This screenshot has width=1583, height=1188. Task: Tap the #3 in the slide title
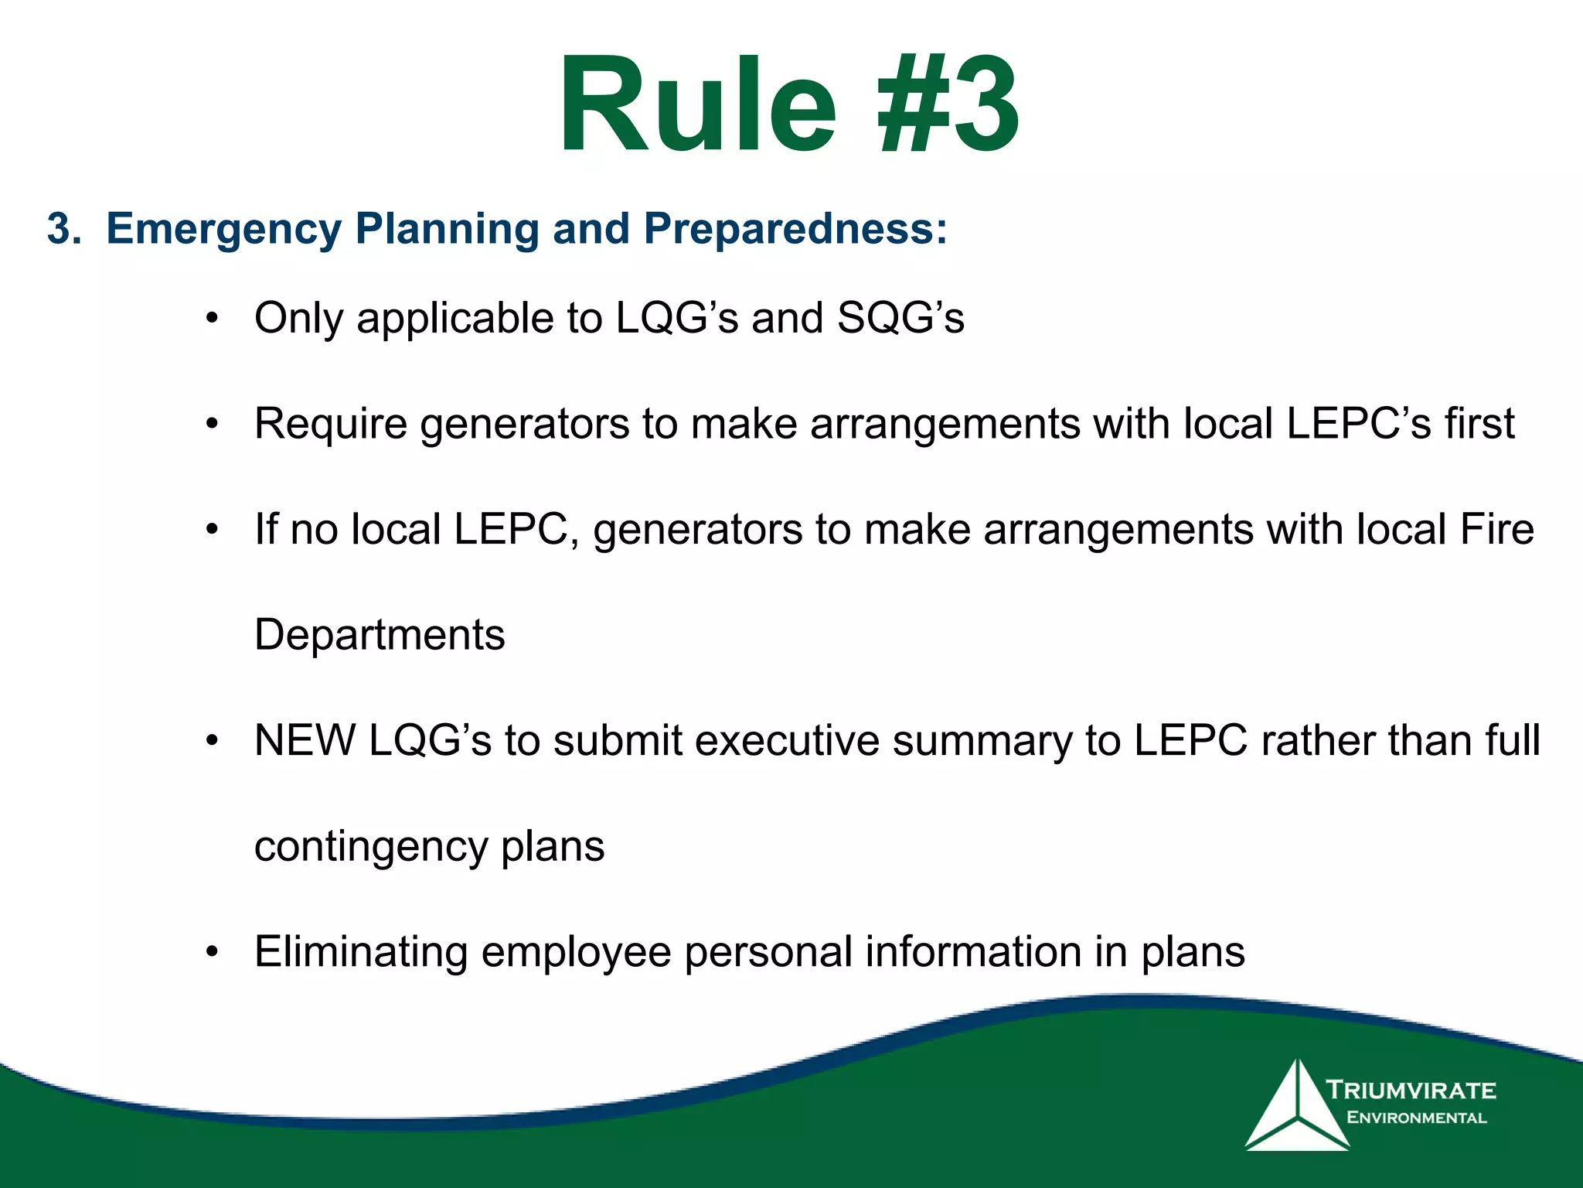coord(948,104)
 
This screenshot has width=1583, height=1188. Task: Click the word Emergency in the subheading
coord(223,229)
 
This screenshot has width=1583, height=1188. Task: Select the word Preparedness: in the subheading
coord(795,229)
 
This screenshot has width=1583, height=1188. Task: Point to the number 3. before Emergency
coord(63,229)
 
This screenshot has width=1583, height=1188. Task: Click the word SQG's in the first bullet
coord(900,318)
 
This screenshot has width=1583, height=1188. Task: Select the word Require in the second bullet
coord(330,424)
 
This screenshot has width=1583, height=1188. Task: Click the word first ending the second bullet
coord(1479,424)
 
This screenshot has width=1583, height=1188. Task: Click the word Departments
coord(380,635)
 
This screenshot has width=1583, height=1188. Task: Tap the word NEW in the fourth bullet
coord(305,740)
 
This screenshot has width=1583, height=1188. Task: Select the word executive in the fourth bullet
coord(786,740)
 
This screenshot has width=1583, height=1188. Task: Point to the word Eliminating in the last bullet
coord(361,952)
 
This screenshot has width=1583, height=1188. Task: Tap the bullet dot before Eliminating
coord(213,953)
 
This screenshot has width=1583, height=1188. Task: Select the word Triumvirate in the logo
coord(1411,1091)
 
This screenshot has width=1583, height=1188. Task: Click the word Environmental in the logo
coord(1416,1118)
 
